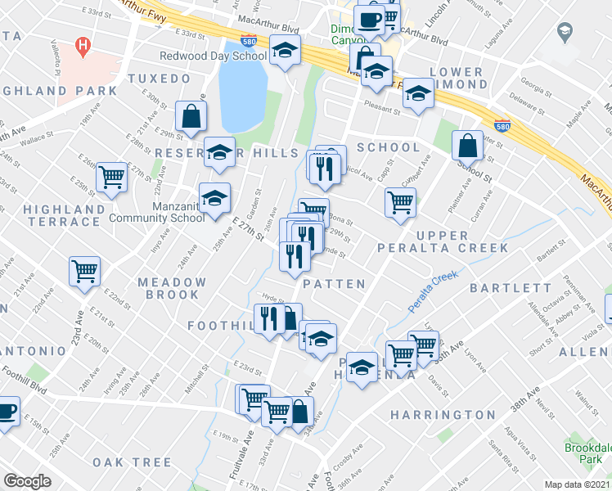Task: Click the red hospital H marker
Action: point(82,47)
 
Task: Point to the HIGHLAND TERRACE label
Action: point(64,215)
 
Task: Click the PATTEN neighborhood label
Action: point(334,284)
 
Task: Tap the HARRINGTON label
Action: point(443,415)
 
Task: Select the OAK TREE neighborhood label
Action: point(133,462)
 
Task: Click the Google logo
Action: point(27,481)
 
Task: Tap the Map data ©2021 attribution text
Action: point(578,484)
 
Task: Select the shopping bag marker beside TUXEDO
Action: point(191,117)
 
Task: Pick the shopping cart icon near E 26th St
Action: point(111,177)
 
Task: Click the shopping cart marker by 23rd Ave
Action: point(85,272)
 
